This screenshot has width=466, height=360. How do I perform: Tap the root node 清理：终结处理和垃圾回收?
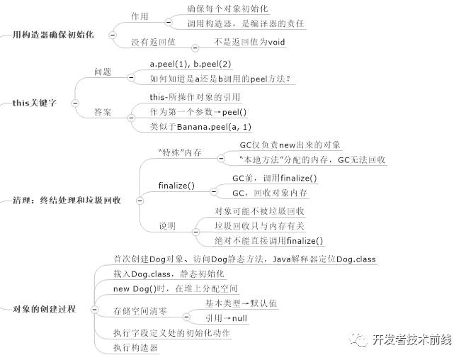67,200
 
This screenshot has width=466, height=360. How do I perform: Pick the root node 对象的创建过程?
45,309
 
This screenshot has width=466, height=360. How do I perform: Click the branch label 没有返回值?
153,42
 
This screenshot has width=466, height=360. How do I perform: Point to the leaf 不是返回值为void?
249,42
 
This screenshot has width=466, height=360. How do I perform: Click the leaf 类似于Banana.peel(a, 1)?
200,126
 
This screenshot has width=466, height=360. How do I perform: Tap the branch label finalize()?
176,186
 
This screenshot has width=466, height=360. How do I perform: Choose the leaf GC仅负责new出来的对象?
291,145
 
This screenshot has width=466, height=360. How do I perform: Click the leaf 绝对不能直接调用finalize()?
268,241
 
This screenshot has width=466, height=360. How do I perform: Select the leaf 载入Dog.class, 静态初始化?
169,274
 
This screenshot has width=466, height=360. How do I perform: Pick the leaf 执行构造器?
135,347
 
